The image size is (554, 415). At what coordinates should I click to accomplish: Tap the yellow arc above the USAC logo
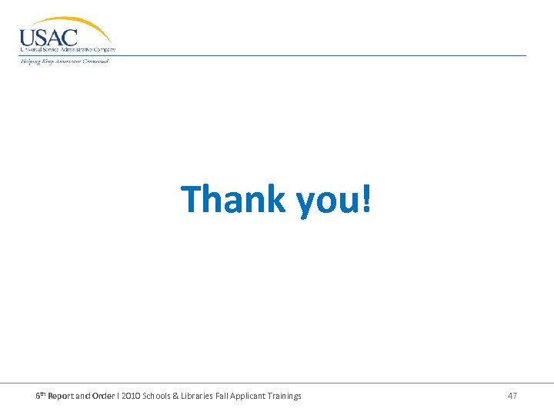[x=85, y=24]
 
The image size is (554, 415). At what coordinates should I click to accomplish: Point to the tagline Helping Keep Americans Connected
[x=65, y=61]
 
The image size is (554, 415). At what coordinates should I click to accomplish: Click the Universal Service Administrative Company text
[x=68, y=50]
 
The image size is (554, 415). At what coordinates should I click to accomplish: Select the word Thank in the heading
[x=233, y=199]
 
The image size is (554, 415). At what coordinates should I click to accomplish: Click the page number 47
[x=512, y=396]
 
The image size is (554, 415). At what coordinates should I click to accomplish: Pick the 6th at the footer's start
[x=42, y=395]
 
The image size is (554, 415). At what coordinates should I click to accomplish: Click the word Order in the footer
[x=103, y=396]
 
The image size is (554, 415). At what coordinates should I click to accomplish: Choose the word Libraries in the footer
[x=212, y=396]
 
